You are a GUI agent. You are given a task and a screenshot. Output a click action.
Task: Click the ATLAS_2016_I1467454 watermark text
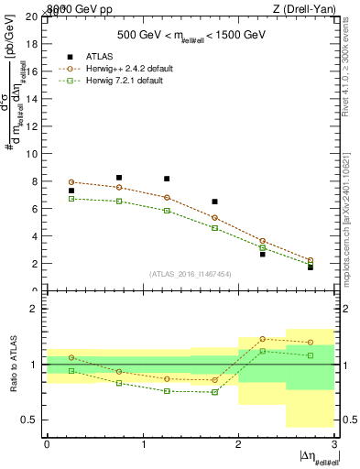click(x=191, y=273)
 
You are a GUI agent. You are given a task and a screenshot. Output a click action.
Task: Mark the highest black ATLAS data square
click(x=119, y=178)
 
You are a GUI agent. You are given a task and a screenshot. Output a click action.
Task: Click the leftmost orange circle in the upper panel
click(x=71, y=182)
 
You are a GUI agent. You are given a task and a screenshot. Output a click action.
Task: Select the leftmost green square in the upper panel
click(x=71, y=199)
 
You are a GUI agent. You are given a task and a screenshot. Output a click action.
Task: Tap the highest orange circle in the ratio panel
click(x=262, y=339)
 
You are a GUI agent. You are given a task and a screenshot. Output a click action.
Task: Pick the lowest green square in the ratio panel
click(x=214, y=392)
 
